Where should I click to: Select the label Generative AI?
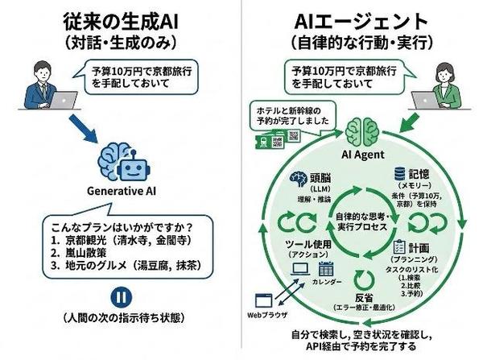pos(122,192)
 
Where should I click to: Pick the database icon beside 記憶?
pos(398,173)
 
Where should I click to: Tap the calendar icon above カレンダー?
pos(326,269)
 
